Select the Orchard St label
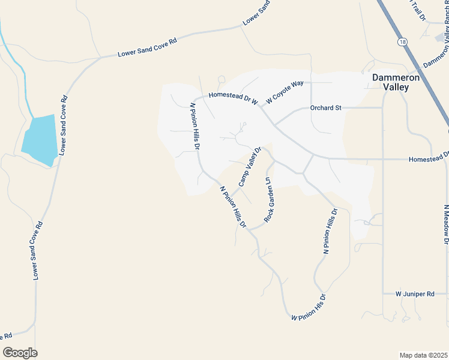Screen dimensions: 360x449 point(325,108)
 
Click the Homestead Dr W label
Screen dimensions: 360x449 point(233,98)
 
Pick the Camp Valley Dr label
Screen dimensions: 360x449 point(250,167)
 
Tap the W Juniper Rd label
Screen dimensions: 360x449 point(415,294)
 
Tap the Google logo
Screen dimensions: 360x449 point(20,353)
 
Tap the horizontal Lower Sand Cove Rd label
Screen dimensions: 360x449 point(148,49)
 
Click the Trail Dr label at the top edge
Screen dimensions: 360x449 point(418,10)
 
